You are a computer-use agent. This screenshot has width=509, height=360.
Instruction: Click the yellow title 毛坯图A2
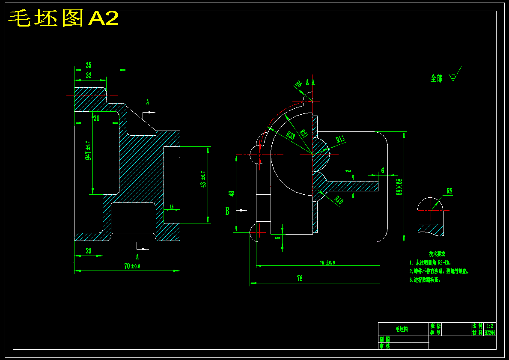point(63,19)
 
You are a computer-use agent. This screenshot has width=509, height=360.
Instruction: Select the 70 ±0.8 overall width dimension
point(132,266)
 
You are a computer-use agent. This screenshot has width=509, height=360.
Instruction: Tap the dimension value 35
point(89,65)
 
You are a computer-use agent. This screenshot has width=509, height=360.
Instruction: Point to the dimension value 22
point(89,76)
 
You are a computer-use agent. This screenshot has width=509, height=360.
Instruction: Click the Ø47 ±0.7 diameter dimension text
point(88,150)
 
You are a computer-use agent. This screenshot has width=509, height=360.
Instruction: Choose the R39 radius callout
point(290,136)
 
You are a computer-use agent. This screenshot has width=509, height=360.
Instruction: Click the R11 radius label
point(341,138)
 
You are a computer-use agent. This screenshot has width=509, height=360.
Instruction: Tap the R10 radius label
point(339,200)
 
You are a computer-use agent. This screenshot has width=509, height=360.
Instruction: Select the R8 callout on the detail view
point(449,191)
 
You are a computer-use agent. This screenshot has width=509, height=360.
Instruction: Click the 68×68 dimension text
point(399,187)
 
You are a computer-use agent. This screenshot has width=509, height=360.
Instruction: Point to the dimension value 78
point(300,279)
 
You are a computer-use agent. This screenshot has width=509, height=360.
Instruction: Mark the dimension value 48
point(232,193)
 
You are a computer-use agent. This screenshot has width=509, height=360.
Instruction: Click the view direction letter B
point(228,211)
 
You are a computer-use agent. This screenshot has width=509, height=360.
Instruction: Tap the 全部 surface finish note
point(437,78)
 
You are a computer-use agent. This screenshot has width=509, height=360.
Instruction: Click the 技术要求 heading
point(437,254)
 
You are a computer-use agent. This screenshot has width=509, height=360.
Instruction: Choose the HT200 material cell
point(490,333)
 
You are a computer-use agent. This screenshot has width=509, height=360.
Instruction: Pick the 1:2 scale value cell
point(490,326)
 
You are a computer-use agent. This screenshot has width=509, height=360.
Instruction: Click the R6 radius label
point(299,84)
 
